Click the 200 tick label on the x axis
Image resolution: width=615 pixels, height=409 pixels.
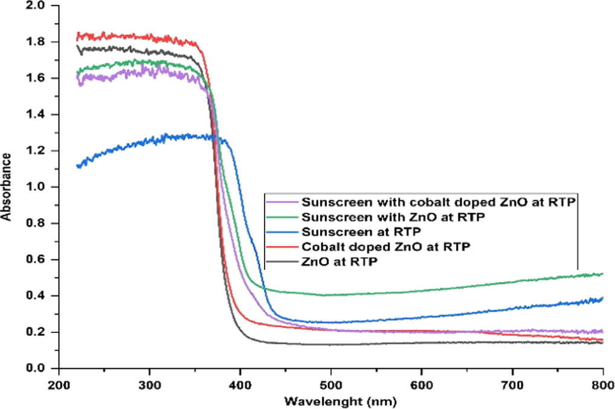[x=59, y=384]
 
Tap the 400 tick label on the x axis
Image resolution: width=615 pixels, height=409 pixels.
[x=240, y=384]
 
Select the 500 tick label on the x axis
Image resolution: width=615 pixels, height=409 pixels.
[x=330, y=384]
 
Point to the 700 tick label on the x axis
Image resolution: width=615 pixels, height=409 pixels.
[x=512, y=384]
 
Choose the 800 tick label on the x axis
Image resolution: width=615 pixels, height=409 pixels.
[x=602, y=384]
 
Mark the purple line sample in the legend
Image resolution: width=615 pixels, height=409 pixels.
[x=282, y=202]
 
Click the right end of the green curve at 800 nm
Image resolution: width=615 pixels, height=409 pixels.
[x=602, y=274]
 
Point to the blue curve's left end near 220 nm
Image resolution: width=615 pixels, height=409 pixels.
[x=77, y=166]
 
